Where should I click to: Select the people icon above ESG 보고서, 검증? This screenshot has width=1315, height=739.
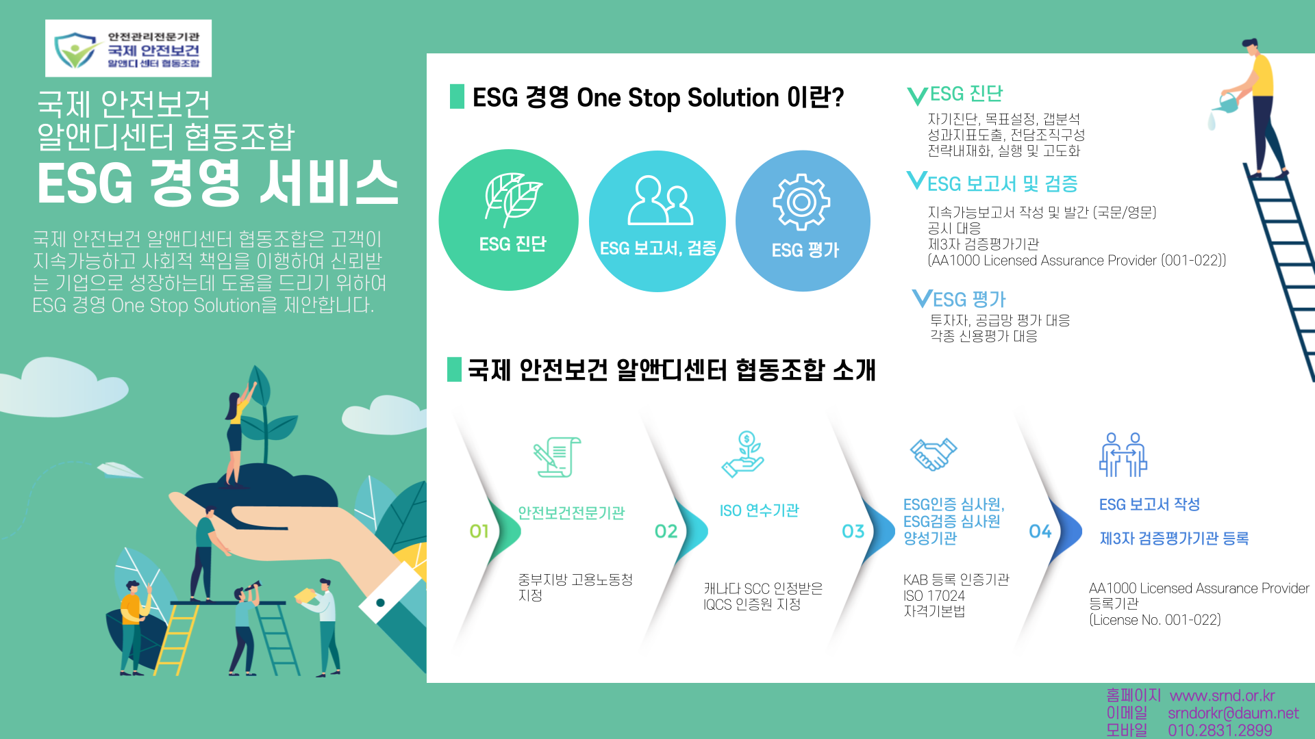tap(660, 200)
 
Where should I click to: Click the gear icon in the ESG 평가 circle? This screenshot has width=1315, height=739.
tap(801, 202)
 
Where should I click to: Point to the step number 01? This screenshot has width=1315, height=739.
tap(479, 532)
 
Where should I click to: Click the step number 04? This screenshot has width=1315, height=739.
tap(1040, 532)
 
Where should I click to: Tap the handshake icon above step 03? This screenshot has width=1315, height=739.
tap(933, 454)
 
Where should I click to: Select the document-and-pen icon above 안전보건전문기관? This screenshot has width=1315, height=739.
tap(557, 457)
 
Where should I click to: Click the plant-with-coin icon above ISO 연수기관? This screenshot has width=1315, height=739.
tap(744, 454)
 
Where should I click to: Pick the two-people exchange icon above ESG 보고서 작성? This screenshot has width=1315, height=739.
tap(1123, 454)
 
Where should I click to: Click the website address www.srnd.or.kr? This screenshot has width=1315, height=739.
tap(1222, 696)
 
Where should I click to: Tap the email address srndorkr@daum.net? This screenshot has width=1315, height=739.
tap(1233, 714)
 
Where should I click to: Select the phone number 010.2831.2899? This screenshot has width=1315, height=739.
tap(1220, 731)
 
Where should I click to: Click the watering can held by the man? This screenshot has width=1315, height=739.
tap(1227, 103)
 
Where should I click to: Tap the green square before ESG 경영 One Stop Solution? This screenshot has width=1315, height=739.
tap(457, 96)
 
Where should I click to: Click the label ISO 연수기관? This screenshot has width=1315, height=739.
tap(759, 510)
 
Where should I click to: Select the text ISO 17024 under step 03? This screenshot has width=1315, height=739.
tap(934, 596)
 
